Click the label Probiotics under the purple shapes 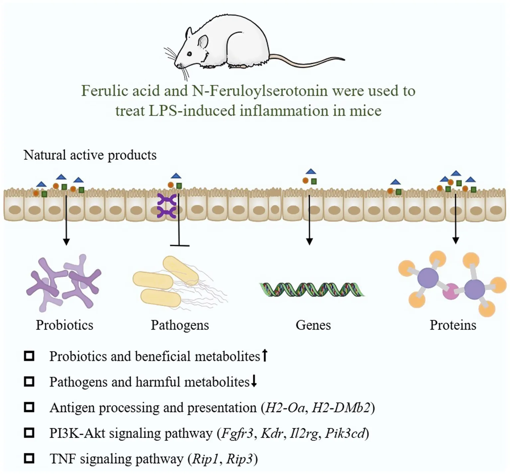click(64, 325)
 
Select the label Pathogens click(180, 325)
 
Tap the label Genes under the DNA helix click(313, 325)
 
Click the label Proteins click(453, 325)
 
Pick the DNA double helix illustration click(312, 289)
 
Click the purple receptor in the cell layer click(166, 206)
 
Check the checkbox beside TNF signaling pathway click(29, 459)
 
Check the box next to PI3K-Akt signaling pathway click(29, 433)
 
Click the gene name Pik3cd click(345, 433)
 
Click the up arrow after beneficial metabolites click(264, 355)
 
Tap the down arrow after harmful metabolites click(254, 381)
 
